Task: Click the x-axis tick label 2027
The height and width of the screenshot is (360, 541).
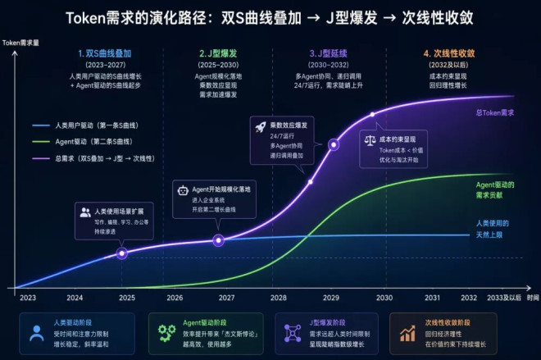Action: coord(227,298)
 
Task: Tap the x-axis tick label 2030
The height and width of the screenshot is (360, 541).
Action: coord(384,298)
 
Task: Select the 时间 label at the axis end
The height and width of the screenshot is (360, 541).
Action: coord(533,298)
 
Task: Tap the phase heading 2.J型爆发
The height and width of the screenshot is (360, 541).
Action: coord(219,53)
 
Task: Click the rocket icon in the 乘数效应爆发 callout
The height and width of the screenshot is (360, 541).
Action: coord(261,127)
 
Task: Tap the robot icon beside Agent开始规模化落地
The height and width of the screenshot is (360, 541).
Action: coord(183,190)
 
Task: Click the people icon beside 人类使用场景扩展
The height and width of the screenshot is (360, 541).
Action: coord(85,212)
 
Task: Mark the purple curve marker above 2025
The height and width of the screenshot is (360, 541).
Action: coord(122,253)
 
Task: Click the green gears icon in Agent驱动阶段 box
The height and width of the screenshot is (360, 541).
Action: coord(167,332)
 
